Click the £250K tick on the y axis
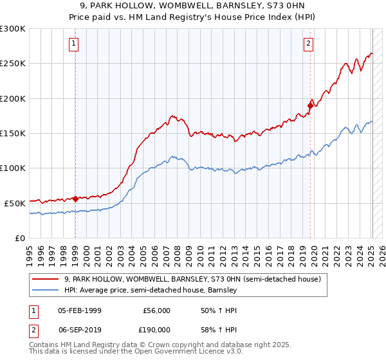[12, 64]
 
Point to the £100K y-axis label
[12, 168]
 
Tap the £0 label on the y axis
[19, 238]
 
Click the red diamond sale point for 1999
[75, 199]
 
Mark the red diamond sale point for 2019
[310, 105]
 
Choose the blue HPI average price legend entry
[151, 290]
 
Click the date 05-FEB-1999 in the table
[79, 310]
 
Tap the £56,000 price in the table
[156, 310]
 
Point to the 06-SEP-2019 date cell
[79, 329]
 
